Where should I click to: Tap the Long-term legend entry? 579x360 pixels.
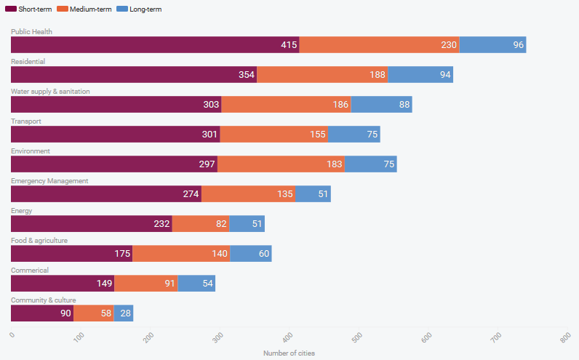143,9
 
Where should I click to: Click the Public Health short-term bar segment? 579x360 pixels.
155,45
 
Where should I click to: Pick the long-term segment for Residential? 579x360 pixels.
420,75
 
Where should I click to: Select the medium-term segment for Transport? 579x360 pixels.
274,135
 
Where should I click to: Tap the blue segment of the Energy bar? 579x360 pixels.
247,224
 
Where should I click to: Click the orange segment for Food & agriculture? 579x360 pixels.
181,254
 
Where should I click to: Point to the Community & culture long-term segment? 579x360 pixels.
124,313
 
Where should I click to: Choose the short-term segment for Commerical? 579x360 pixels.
63,284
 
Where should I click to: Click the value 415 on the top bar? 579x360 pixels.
289,45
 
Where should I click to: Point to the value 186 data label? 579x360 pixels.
340,105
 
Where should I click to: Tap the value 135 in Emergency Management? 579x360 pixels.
284,194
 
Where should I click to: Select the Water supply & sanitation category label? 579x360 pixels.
60,92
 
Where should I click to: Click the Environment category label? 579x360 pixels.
31,151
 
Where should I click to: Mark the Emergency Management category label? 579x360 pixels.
49,181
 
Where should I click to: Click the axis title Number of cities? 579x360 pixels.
289,353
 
